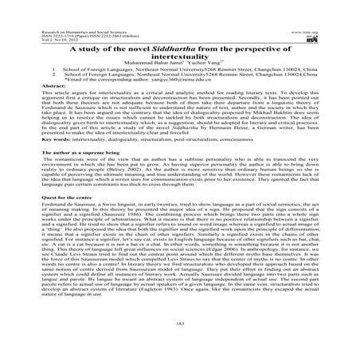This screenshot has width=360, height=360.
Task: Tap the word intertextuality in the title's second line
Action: point(180,58)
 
